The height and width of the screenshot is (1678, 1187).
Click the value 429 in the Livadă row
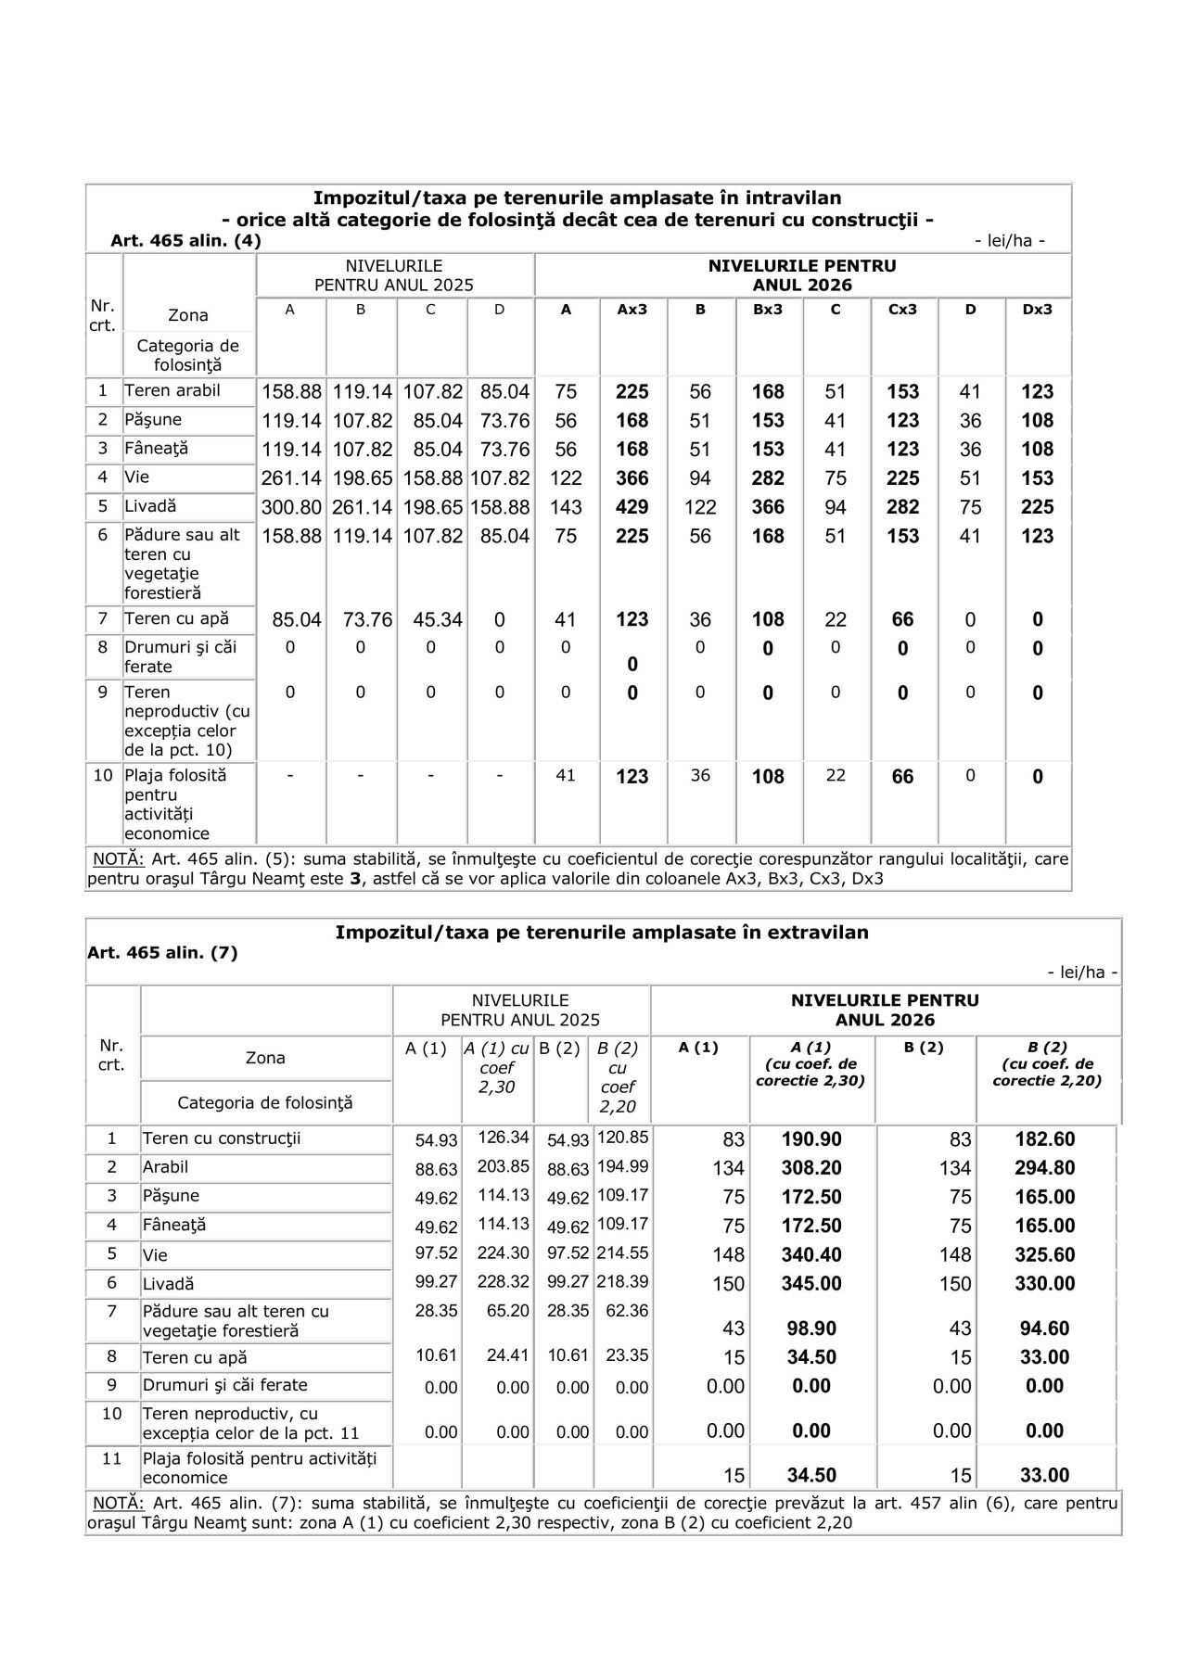632,507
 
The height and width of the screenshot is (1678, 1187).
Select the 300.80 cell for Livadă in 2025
291,507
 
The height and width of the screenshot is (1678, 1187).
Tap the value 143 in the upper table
566,507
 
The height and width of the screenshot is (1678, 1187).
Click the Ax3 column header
632,310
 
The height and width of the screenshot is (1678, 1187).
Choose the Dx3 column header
1038,310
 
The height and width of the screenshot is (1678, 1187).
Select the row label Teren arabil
172,390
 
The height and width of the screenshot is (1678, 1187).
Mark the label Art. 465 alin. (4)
185,241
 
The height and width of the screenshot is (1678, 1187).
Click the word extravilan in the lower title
818,932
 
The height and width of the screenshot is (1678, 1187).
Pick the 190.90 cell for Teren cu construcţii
811,1139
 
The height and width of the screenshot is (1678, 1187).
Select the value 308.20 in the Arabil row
811,1168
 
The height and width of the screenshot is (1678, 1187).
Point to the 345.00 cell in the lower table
811,1283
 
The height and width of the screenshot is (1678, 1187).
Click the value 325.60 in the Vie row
1044,1254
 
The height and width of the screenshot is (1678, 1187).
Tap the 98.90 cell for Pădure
811,1328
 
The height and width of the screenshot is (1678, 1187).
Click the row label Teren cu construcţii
222,1138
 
